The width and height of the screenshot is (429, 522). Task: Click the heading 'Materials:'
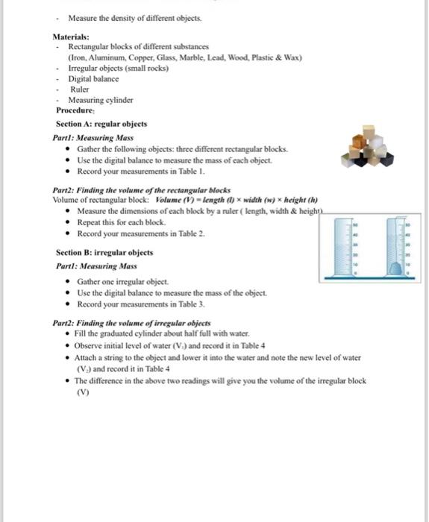click(x=71, y=37)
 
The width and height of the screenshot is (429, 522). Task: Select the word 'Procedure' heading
click(x=76, y=110)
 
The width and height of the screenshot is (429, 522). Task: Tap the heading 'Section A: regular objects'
click(x=101, y=124)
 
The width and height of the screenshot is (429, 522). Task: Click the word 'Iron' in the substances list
click(x=78, y=57)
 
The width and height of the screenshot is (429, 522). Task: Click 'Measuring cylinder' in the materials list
click(x=101, y=100)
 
